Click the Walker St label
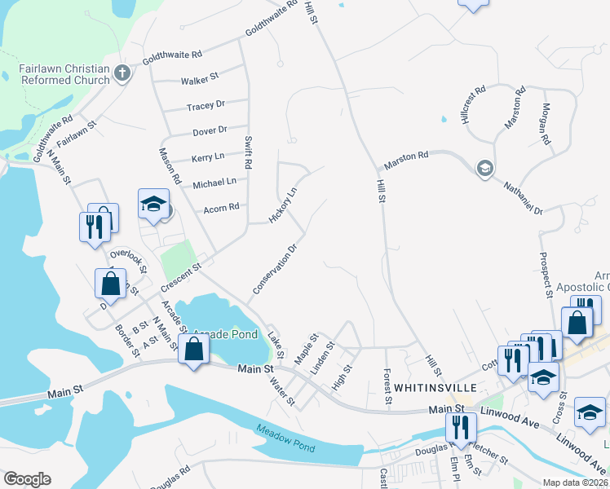point(200,78)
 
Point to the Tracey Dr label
point(205,106)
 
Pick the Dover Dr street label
point(210,130)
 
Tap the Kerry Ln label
point(207,156)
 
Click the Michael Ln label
point(214,182)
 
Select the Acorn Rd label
point(221,207)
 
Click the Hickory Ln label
point(282,206)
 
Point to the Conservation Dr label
point(273,268)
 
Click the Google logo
point(27,479)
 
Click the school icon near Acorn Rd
point(152,207)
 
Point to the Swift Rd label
point(248,154)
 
